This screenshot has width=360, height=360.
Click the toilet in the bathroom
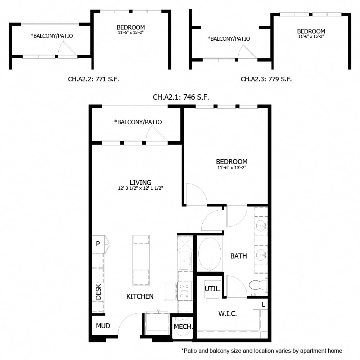(255, 285)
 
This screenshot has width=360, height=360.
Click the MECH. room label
(183, 327)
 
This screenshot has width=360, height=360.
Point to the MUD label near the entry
(103, 326)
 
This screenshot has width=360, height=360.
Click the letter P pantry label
(98, 244)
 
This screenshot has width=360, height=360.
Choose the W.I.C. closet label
(228, 314)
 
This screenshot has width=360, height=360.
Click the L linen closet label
(264, 305)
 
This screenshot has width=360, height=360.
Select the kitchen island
(141, 260)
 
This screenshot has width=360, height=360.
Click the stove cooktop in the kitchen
(185, 290)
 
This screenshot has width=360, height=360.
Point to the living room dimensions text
(141, 188)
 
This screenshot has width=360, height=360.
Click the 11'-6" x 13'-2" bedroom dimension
(231, 167)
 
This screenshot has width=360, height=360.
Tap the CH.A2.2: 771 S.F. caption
(93, 79)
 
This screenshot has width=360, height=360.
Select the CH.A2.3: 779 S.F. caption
(266, 79)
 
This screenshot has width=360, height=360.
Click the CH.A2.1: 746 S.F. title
(181, 97)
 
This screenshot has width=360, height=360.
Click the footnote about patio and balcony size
(262, 350)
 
